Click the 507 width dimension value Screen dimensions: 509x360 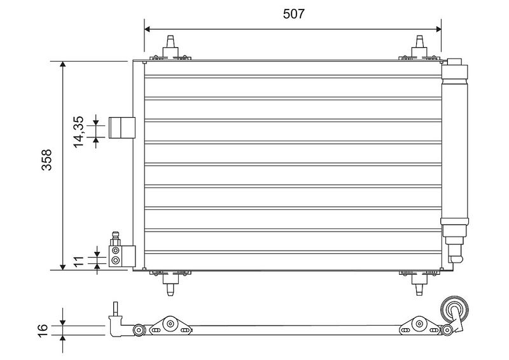(x=294, y=14)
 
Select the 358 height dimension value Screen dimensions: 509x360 (x=46, y=160)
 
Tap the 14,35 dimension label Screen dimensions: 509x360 (x=78, y=132)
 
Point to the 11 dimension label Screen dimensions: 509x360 (x=78, y=261)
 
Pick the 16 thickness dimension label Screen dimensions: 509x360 (x=43, y=331)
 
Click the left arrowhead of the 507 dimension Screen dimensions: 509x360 (x=147, y=29)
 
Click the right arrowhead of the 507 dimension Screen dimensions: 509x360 (x=439, y=29)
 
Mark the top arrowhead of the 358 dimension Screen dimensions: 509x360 (x=62, y=64)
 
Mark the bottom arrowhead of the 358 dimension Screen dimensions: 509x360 (x=62, y=267)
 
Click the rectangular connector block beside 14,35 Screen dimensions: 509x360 (x=122, y=128)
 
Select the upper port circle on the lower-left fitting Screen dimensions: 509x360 (x=115, y=251)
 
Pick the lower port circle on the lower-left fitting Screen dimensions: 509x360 (x=115, y=260)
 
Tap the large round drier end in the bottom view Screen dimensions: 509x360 (x=454, y=310)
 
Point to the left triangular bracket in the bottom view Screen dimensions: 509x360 (x=170, y=325)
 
